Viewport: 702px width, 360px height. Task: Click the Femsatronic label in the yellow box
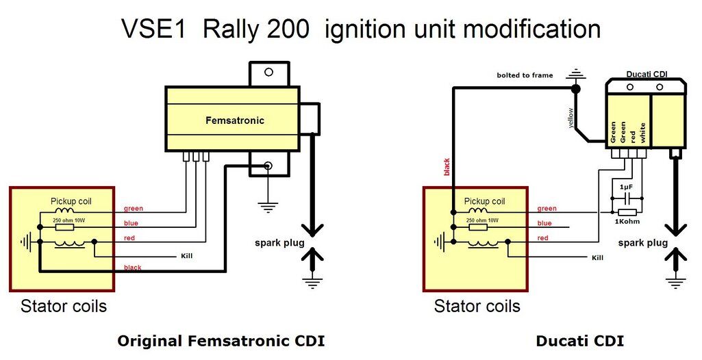235,120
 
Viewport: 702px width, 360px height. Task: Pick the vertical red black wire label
447,168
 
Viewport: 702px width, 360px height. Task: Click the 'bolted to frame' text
525,75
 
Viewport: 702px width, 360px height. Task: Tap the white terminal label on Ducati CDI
642,132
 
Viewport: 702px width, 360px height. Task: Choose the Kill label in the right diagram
598,257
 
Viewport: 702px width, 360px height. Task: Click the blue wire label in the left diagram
131,223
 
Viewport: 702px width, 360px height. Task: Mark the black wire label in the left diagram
133,268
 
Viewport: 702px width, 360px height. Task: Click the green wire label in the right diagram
547,209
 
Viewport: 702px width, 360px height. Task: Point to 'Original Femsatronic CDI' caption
221,341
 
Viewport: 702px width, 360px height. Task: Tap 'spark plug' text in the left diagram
273,242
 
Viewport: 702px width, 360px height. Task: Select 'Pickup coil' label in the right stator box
484,201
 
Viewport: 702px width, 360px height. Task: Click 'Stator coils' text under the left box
64,305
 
